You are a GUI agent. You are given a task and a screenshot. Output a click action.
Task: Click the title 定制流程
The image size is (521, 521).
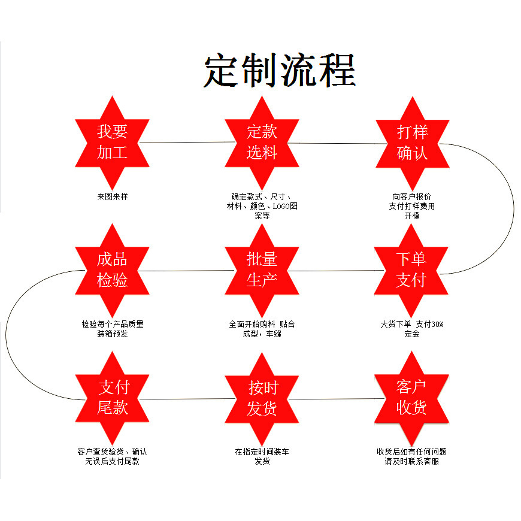(x=280, y=71)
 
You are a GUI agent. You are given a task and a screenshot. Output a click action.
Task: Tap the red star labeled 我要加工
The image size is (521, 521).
(x=112, y=142)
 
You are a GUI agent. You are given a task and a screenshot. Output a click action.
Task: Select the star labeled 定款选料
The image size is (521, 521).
(x=262, y=142)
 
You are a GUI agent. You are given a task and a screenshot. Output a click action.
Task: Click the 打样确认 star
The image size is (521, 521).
(x=412, y=142)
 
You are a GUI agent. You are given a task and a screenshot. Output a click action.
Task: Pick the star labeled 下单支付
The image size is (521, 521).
(x=411, y=270)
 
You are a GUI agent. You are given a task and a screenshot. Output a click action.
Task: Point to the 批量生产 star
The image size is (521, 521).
(x=262, y=270)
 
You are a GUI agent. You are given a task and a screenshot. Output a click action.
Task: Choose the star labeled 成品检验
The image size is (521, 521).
(x=112, y=270)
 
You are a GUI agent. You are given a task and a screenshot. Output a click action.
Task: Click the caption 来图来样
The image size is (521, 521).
(x=112, y=196)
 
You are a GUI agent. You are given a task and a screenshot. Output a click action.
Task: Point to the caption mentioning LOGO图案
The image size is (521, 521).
(x=262, y=206)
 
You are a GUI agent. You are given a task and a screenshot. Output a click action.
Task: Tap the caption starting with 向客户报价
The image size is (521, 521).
(x=412, y=206)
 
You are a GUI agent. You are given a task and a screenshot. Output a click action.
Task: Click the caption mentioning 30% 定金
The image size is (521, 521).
(x=412, y=329)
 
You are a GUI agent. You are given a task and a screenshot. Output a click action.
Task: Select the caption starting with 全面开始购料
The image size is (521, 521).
(x=262, y=329)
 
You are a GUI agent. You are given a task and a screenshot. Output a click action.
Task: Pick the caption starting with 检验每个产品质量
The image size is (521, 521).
(x=113, y=329)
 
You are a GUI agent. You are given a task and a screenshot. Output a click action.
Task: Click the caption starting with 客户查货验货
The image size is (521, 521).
(x=112, y=456)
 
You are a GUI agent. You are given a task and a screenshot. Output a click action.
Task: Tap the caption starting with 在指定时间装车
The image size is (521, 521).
(x=262, y=456)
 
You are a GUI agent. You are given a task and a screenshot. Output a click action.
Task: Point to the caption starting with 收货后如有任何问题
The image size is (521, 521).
(x=411, y=456)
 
